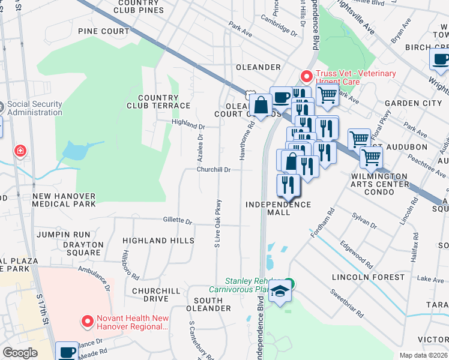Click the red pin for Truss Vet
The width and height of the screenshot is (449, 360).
[306, 76]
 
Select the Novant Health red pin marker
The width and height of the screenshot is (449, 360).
[88, 322]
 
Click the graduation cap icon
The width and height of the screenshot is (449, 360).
[279, 292]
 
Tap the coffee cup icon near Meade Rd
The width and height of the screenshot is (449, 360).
[68, 351]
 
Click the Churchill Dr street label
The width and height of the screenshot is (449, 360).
[215, 170]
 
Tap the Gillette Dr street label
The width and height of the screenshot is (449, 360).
[177, 220]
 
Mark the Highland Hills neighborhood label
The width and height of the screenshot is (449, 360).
[158, 240]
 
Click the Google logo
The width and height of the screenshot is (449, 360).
[20, 352]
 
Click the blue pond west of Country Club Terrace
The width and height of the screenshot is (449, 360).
[75, 151]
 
